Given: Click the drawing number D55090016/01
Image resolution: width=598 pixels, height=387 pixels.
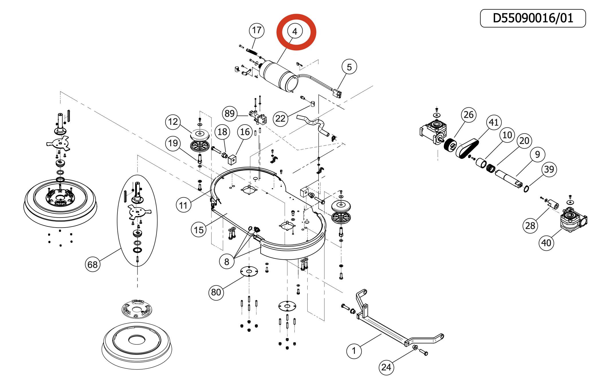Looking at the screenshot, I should coord(533,18).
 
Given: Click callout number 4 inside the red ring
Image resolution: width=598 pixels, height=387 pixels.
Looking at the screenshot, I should coord(295,31).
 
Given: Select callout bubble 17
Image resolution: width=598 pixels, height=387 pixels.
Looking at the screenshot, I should coord(256,30).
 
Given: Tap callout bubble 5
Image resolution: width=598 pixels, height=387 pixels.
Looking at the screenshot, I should coord(349,67).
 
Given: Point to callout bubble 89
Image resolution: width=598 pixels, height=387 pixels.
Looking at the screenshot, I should coord(230,114).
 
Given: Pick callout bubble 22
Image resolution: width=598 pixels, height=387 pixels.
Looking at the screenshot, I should coord(280,119).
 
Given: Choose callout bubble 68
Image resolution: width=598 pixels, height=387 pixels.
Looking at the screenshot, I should coord(93,264).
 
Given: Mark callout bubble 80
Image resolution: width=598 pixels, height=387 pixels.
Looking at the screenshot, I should coord(216,292).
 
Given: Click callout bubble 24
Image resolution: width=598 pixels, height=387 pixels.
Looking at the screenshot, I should coord(386,367).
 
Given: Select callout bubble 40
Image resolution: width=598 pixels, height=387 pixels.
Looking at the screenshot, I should coord(546,243).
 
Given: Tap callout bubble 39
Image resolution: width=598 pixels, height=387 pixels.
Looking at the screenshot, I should coord(549,169).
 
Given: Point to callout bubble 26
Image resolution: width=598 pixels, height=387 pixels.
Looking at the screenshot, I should coord(469,115).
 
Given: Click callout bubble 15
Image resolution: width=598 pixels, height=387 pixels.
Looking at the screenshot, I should coord(199,230).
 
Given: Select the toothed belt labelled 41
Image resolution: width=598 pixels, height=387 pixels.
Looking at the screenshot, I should coord(467,148).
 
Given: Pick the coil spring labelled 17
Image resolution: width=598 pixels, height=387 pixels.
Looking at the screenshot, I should coord(252,52).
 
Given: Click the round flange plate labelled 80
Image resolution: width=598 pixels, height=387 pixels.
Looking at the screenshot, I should coord(249,271).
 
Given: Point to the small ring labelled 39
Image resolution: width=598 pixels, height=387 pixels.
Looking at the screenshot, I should coord(526,189).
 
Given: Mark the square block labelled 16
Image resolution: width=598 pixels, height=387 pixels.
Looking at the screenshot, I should coord(232,159).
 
